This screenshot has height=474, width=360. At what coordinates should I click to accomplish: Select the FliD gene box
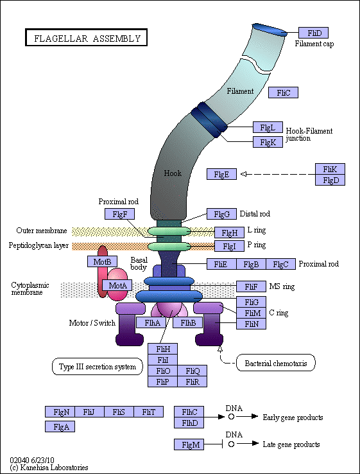(314, 33)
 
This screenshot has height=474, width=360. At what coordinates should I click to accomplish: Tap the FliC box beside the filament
(283, 93)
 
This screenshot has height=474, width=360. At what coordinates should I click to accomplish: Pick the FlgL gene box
(268, 128)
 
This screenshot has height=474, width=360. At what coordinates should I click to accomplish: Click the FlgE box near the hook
(221, 174)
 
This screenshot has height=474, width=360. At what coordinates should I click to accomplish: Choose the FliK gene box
(330, 169)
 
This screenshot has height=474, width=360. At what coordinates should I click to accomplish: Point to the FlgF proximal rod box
(120, 214)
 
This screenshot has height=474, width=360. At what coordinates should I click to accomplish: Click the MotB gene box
(102, 261)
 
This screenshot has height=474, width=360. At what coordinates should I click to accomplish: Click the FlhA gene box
(152, 323)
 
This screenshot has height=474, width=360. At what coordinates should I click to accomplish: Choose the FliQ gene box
(193, 371)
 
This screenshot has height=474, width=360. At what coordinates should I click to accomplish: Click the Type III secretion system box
(98, 367)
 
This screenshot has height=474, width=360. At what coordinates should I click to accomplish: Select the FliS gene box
(119, 412)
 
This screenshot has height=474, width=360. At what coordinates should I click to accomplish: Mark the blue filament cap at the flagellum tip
(269, 30)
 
